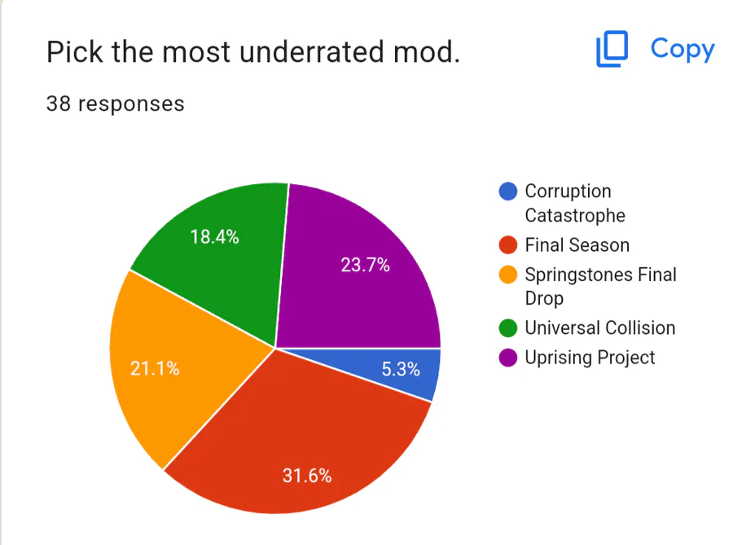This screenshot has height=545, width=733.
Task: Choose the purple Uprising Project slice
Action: [358, 261]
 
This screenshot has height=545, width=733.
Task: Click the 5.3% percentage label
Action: [401, 370]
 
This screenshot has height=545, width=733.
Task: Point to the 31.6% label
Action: [307, 476]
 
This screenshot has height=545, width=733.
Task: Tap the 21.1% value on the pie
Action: [155, 368]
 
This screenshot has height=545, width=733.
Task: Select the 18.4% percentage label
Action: [214, 237]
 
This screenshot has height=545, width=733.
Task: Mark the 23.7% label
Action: [365, 265]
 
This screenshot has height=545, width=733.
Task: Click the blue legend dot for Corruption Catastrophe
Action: [507, 191]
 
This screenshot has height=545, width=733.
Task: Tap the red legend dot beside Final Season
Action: [507, 245]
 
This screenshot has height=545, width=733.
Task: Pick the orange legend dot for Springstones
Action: [507, 275]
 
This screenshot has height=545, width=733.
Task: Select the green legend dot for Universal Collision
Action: [507, 328]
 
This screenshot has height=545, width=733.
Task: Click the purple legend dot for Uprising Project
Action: [507, 358]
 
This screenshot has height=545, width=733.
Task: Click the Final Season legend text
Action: [577, 245]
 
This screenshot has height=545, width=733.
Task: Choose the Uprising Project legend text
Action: [590, 358]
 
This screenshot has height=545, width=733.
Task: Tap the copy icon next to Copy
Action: [612, 50]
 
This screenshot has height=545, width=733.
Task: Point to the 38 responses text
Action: [115, 104]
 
